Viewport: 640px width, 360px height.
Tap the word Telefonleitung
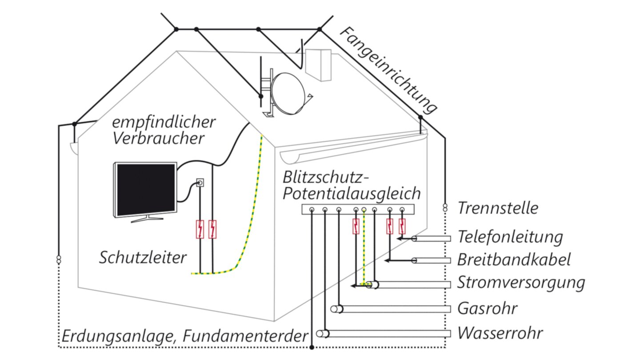pyautogui.click(x=510, y=237)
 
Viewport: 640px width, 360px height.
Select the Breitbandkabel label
pyautogui.click(x=514, y=260)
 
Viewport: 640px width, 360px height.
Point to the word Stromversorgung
pyautogui.click(x=521, y=283)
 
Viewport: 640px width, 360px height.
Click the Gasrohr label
pyautogui.click(x=487, y=308)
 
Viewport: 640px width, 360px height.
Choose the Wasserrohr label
pyautogui.click(x=500, y=333)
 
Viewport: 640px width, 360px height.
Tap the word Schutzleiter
pyautogui.click(x=143, y=257)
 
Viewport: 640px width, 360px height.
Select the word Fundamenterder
pyautogui.click(x=243, y=336)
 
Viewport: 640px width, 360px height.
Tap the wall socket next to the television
pyautogui.click(x=200, y=182)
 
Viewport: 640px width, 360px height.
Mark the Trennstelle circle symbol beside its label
pyautogui.click(x=444, y=207)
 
